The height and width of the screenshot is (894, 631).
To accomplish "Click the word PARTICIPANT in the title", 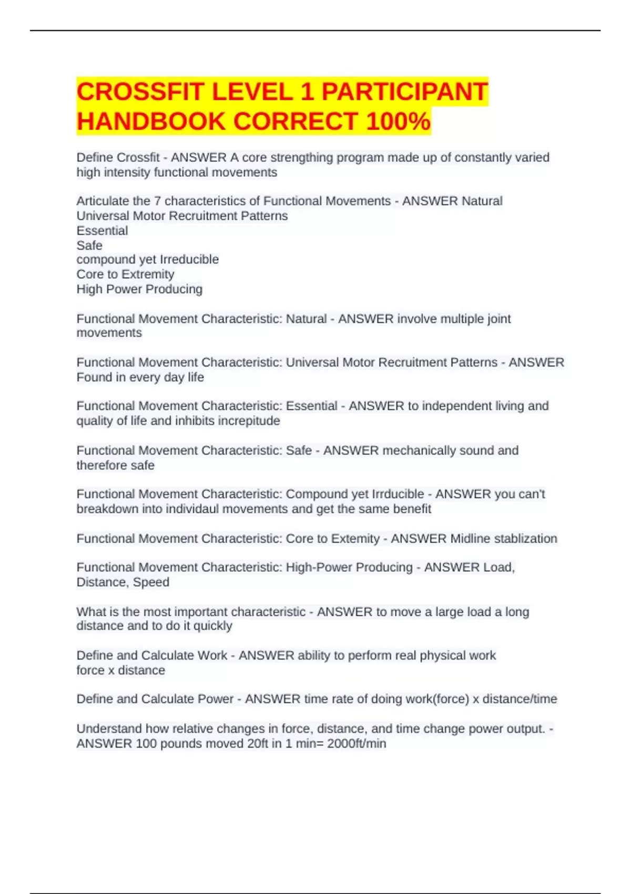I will click(404, 92).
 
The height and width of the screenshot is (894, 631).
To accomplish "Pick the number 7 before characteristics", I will click(157, 201).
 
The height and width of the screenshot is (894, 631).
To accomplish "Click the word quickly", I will click(212, 626).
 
